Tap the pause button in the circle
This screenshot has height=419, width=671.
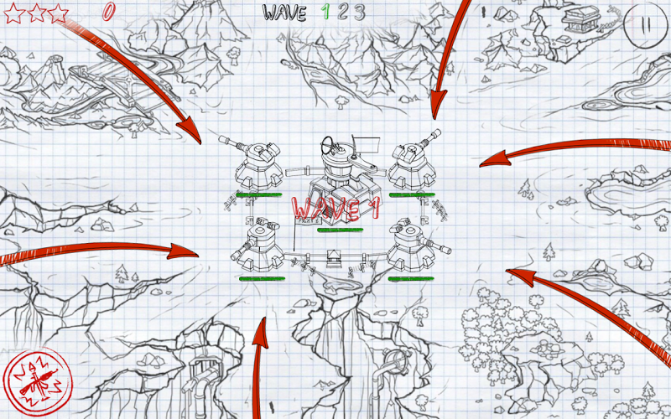tap(646, 25)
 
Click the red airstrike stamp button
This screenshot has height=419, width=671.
tap(38, 382)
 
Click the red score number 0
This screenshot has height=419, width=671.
tap(109, 11)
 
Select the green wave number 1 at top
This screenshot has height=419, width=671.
tap(325, 13)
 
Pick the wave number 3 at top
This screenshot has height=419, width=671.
tap(360, 13)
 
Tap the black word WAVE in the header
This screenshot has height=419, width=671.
tap(284, 13)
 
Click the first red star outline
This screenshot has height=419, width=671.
tap(14, 13)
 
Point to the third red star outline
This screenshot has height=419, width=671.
tap(58, 13)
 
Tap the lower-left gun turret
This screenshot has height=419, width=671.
tap(258, 248)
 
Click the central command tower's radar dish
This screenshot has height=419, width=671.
tap(329, 145)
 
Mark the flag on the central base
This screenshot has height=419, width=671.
tap(366, 144)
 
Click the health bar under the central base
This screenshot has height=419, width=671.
tap(341, 230)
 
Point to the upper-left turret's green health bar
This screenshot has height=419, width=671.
tap(259, 195)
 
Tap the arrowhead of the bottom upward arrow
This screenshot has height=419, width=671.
tap(260, 333)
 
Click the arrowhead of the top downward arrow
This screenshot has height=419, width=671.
tap(437, 103)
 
